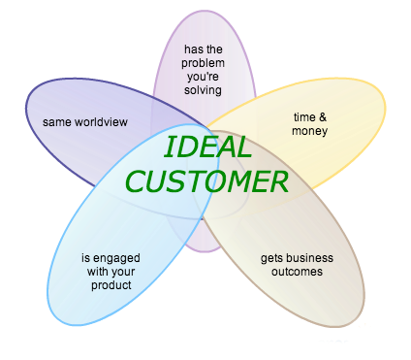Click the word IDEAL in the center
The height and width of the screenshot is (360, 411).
[207, 147]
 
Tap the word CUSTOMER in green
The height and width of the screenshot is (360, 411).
[207, 180]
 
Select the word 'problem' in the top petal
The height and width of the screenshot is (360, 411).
[203, 63]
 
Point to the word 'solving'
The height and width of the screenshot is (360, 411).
[203, 90]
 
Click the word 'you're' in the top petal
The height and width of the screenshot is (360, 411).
[203, 77]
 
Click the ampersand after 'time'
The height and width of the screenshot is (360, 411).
[323, 116]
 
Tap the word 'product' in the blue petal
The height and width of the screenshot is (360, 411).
[111, 285]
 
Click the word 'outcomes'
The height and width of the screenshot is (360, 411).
[296, 272]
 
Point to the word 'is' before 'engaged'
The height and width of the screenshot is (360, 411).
[85, 258]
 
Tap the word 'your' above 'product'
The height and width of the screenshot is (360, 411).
[122, 272]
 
